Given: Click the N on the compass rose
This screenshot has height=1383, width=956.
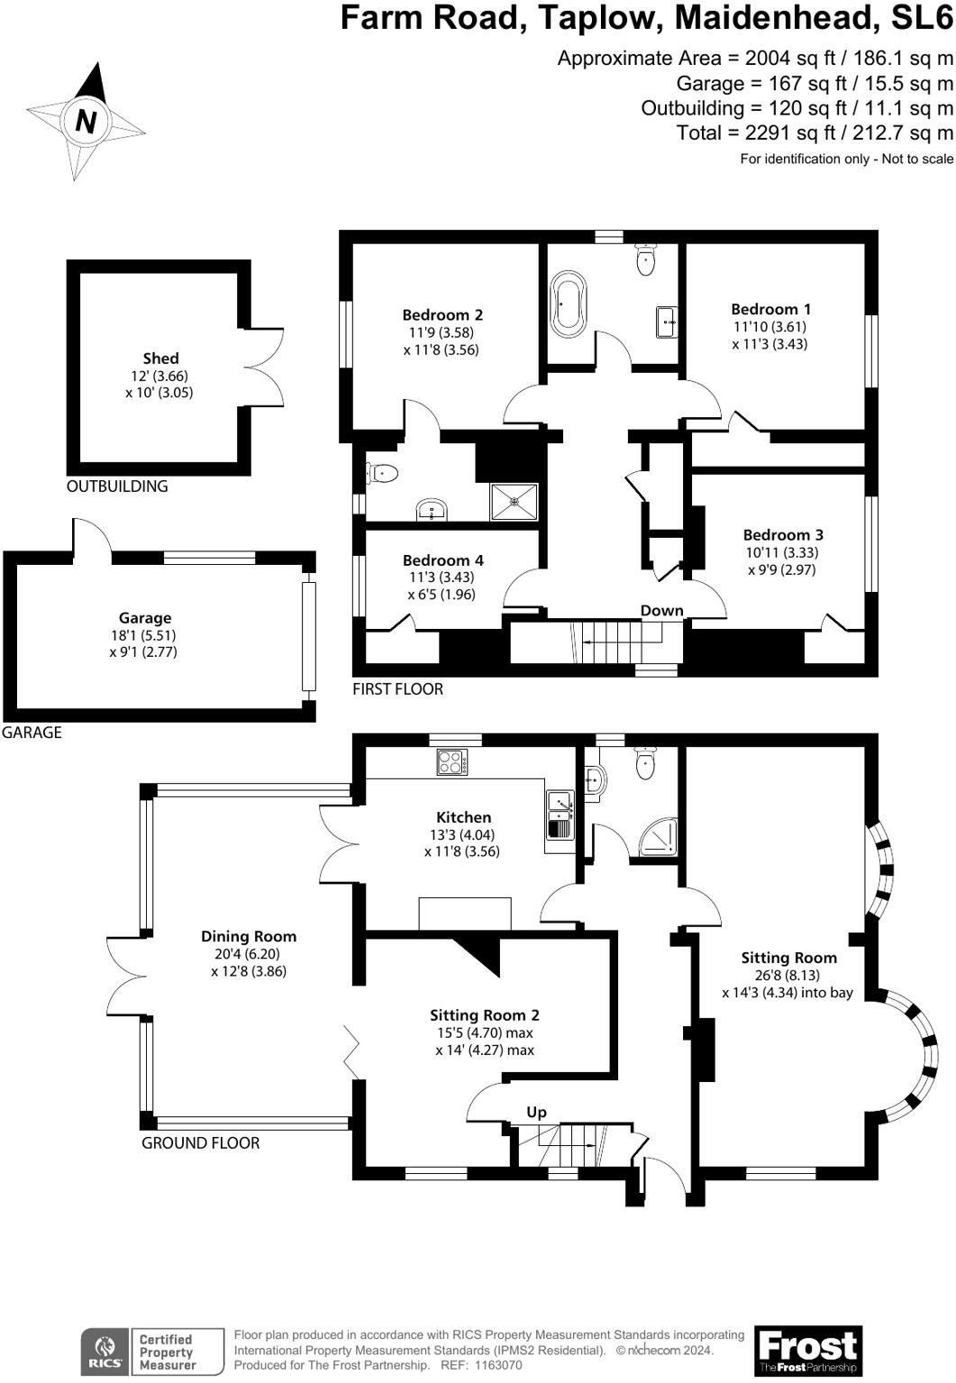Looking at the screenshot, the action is (x=86, y=121).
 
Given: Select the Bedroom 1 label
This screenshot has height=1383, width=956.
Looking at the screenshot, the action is (x=770, y=309).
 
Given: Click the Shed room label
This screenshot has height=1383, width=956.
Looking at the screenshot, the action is (x=160, y=358).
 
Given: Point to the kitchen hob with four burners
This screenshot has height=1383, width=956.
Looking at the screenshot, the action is (x=452, y=762).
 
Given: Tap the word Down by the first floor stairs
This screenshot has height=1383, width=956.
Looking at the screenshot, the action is (x=661, y=611).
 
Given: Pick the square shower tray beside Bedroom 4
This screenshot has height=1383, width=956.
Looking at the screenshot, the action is (x=514, y=502).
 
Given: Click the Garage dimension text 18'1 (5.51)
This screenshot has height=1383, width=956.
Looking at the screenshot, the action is (x=143, y=634).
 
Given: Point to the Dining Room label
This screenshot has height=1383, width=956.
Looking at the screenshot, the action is (x=249, y=936).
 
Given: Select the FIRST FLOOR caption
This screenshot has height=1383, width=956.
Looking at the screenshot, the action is (x=397, y=689).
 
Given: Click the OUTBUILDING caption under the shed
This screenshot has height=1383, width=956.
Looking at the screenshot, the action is (x=117, y=486).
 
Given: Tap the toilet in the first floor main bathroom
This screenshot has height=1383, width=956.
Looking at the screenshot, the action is (x=645, y=259).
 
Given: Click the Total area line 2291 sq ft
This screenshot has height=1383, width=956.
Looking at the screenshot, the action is (x=815, y=132).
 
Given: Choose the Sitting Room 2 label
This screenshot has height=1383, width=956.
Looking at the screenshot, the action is (x=485, y=1015).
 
